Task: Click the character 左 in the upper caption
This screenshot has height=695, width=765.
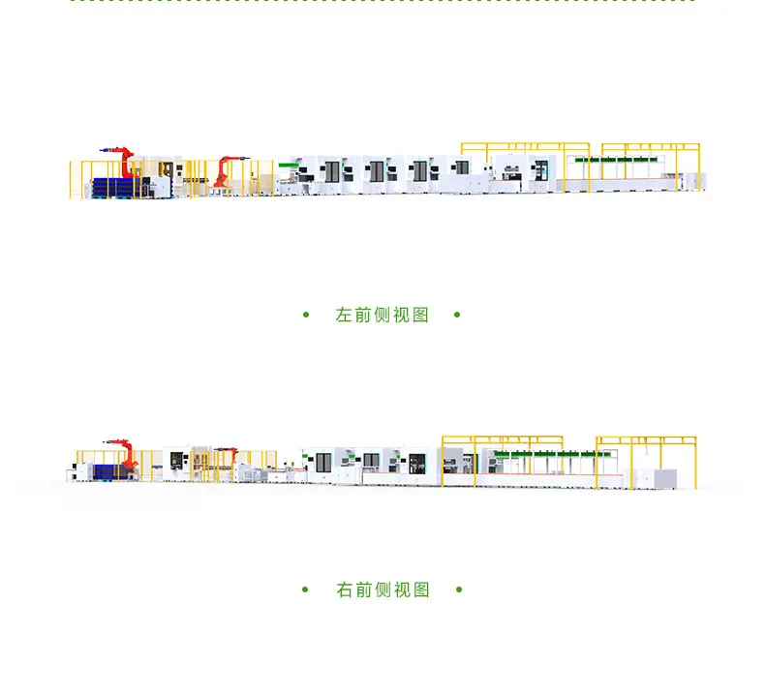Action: (344, 315)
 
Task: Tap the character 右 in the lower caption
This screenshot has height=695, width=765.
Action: (345, 589)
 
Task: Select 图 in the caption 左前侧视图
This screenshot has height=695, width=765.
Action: (420, 315)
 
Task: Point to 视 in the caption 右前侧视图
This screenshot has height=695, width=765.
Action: (402, 589)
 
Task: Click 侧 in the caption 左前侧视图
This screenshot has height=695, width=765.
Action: (382, 315)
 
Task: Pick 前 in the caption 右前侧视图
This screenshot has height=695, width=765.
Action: (363, 589)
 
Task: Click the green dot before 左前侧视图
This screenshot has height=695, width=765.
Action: (306, 315)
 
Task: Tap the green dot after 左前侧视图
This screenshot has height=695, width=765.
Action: (457, 315)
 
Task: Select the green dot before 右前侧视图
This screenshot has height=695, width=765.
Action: (305, 589)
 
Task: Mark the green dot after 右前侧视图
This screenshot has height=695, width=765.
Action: (459, 589)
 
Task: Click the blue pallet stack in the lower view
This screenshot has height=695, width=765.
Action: (111, 471)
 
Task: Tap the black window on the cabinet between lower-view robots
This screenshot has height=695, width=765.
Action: (176, 460)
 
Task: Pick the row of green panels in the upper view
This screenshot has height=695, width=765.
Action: (616, 160)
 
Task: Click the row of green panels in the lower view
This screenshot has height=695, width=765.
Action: (552, 454)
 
